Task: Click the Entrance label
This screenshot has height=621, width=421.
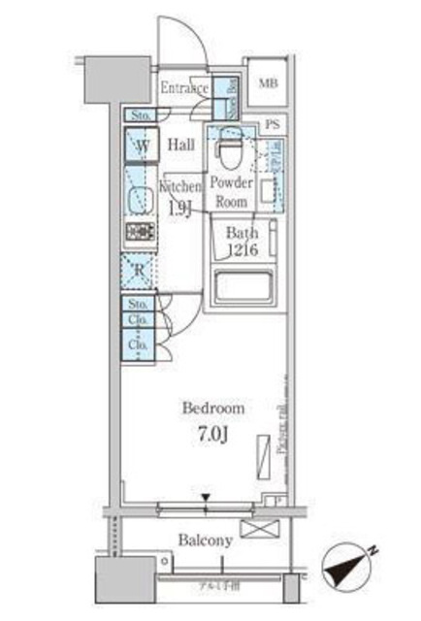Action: point(184,89)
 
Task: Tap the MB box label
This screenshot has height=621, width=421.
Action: point(268,83)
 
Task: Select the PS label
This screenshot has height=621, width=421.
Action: point(275,125)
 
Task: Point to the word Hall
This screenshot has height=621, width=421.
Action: point(180,146)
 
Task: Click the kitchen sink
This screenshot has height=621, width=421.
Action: point(139,200)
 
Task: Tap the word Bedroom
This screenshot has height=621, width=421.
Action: point(214,409)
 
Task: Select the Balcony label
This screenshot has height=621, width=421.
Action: point(205,540)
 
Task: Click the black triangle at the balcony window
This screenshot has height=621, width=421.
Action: point(206,500)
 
